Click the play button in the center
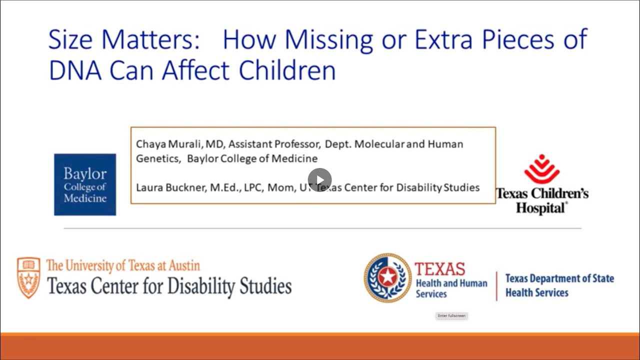[x=319, y=180]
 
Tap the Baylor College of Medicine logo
[x=85, y=184]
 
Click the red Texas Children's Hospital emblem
[x=542, y=169]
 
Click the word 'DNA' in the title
[x=74, y=70]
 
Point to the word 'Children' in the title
[x=287, y=70]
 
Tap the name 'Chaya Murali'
[x=170, y=144]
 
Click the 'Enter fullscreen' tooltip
[x=451, y=316]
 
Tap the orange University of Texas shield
[x=28, y=277]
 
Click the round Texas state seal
[x=387, y=277]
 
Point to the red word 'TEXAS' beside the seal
[x=440, y=269]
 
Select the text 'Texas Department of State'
[x=559, y=278]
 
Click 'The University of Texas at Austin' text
[x=123, y=265]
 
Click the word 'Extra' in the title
[x=443, y=39]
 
